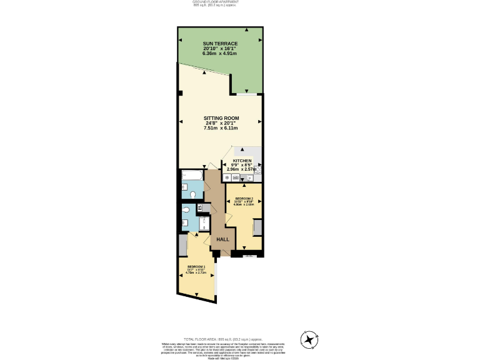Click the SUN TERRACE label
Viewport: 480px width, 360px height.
(220, 43)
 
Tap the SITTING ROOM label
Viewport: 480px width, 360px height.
(221, 118)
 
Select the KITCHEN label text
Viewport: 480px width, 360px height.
(242, 161)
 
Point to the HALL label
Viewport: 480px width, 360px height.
(222, 239)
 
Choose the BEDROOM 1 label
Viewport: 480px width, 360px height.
(196, 267)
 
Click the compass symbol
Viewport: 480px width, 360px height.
(309, 339)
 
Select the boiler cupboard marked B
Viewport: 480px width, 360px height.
(200, 207)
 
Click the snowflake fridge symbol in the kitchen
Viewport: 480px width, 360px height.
(226, 178)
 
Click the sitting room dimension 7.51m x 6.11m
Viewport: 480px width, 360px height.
(221, 128)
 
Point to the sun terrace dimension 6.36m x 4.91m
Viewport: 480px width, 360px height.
(220, 53)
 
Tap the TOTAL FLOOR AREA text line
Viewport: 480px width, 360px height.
(240, 339)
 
